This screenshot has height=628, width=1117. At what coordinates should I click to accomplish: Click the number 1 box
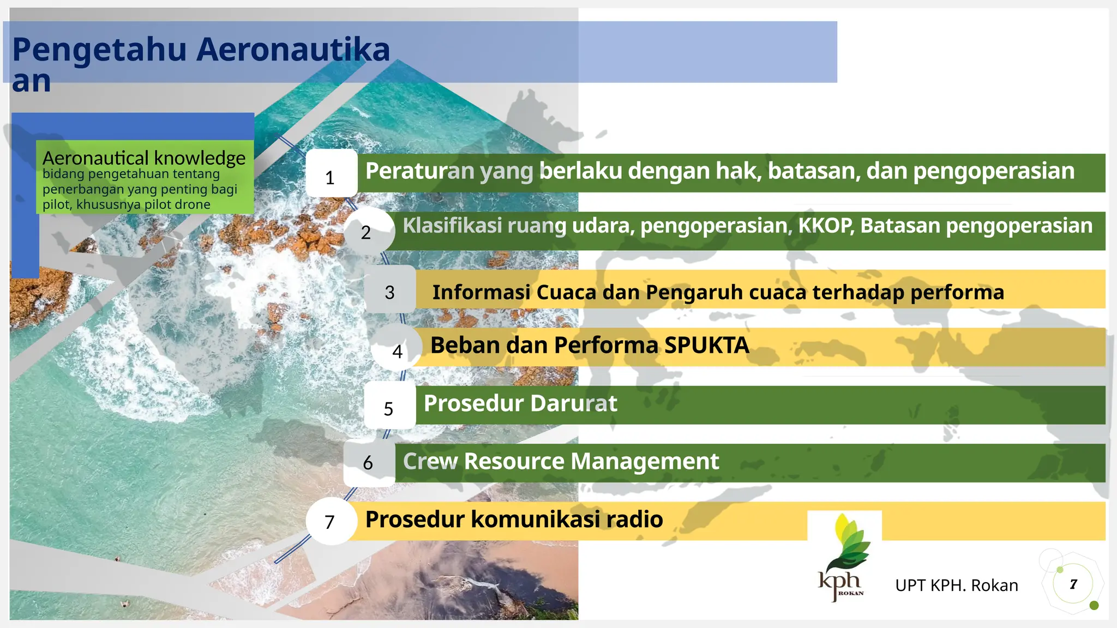(x=331, y=174)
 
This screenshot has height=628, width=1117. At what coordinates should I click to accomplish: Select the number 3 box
(x=389, y=290)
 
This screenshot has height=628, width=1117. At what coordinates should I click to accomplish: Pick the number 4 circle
(x=397, y=348)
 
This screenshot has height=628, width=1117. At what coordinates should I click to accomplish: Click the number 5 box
(x=389, y=406)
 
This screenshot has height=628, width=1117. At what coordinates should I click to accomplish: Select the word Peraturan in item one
(x=419, y=171)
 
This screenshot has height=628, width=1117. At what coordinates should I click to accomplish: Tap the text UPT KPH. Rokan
(x=956, y=585)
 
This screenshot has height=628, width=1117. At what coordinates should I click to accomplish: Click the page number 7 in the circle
(x=1073, y=584)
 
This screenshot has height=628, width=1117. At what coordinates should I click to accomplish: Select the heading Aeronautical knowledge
(x=144, y=158)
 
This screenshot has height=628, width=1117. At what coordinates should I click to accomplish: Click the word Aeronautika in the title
(x=293, y=50)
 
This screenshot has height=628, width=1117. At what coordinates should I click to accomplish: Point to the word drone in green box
(x=194, y=205)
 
